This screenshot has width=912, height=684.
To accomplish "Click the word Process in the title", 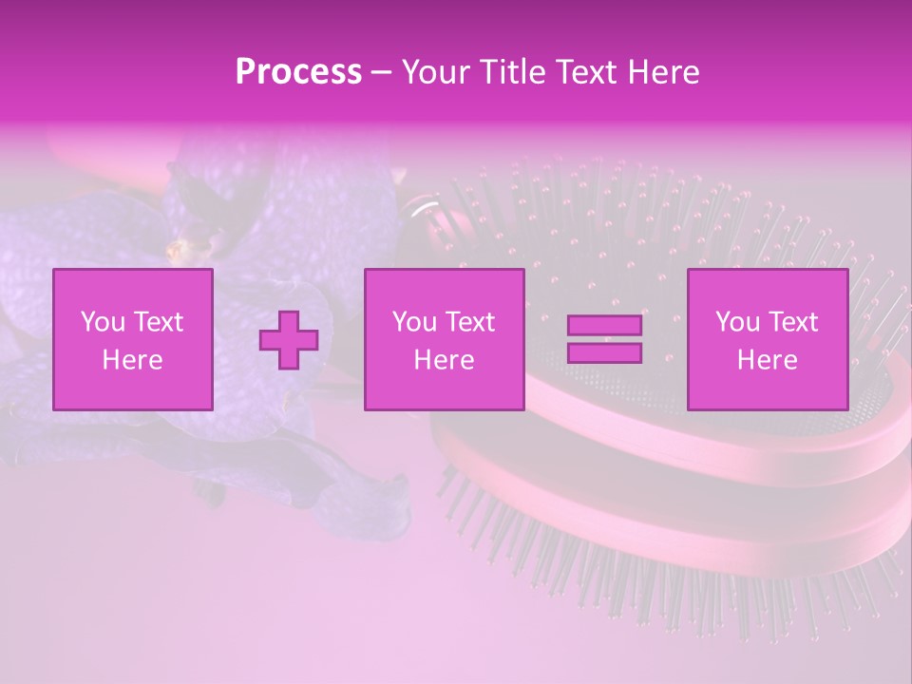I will point(298,72).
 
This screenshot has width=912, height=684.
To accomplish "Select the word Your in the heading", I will point(433,72).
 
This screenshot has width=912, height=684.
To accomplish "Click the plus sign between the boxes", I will point(289,339).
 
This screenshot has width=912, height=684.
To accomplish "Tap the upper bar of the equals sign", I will point(604,326).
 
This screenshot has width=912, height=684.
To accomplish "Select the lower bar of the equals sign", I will point(604,352).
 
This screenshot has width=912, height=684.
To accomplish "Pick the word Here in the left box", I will point(132,360).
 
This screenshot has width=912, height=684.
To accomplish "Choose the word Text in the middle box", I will point(470,322).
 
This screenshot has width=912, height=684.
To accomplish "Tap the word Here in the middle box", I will point(444,360).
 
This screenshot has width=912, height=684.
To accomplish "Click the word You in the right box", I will point(737,322).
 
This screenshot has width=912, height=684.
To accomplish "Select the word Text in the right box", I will point(793,322).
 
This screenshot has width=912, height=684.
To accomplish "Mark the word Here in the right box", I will point(767,360).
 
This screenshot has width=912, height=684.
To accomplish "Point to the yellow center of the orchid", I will point(177,251).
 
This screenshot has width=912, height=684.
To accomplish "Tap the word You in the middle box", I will point(414,322).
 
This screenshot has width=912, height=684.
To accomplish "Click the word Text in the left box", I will point(159,322).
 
